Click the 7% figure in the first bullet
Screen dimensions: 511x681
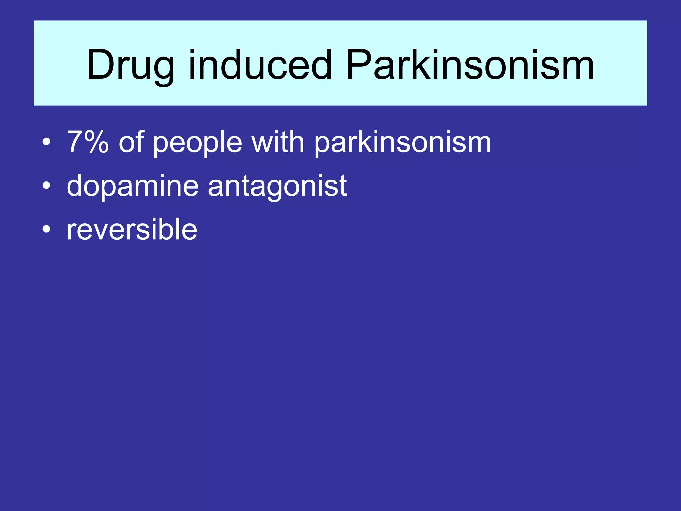(88, 142)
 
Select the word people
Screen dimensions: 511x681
(198, 144)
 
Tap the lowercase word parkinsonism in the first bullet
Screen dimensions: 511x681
(402, 144)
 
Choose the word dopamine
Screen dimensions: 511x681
(133, 186)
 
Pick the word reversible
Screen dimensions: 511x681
(132, 229)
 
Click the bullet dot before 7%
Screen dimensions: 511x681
(47, 143)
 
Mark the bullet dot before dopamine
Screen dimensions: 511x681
(47, 186)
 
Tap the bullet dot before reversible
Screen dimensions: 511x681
(47, 229)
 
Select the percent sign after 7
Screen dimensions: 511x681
(97, 142)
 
